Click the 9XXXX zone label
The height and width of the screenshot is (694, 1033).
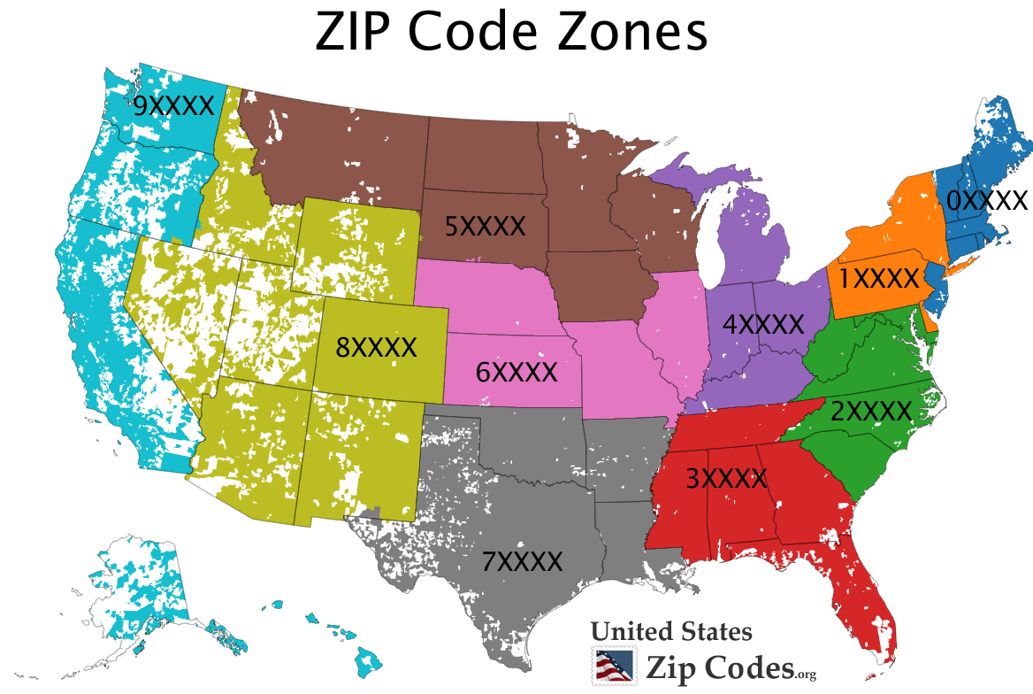[173, 106]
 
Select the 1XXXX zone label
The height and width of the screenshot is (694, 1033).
[879, 279]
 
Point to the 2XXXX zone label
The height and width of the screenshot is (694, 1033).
[870, 411]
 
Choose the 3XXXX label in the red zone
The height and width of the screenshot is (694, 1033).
[726, 479]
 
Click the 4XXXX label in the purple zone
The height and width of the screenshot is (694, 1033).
[762, 324]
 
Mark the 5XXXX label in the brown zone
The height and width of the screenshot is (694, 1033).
[485, 227]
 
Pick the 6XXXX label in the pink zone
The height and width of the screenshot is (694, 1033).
[516, 372]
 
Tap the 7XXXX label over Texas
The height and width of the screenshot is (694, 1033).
[522, 561]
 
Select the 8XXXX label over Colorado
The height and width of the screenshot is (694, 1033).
[376, 347]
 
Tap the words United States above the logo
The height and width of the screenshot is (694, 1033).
[671, 631]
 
